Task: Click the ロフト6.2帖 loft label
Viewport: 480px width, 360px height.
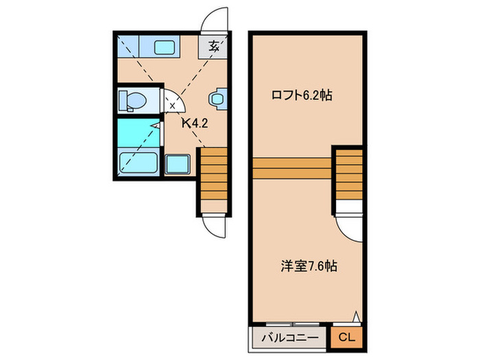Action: point(302,96)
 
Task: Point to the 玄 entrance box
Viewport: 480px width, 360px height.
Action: point(214,47)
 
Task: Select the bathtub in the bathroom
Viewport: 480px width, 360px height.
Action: point(139,163)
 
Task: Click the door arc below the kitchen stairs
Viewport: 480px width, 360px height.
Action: point(215,225)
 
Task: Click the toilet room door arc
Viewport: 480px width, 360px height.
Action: point(174,102)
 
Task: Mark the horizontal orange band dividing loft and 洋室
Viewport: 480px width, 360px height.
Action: point(292,166)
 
